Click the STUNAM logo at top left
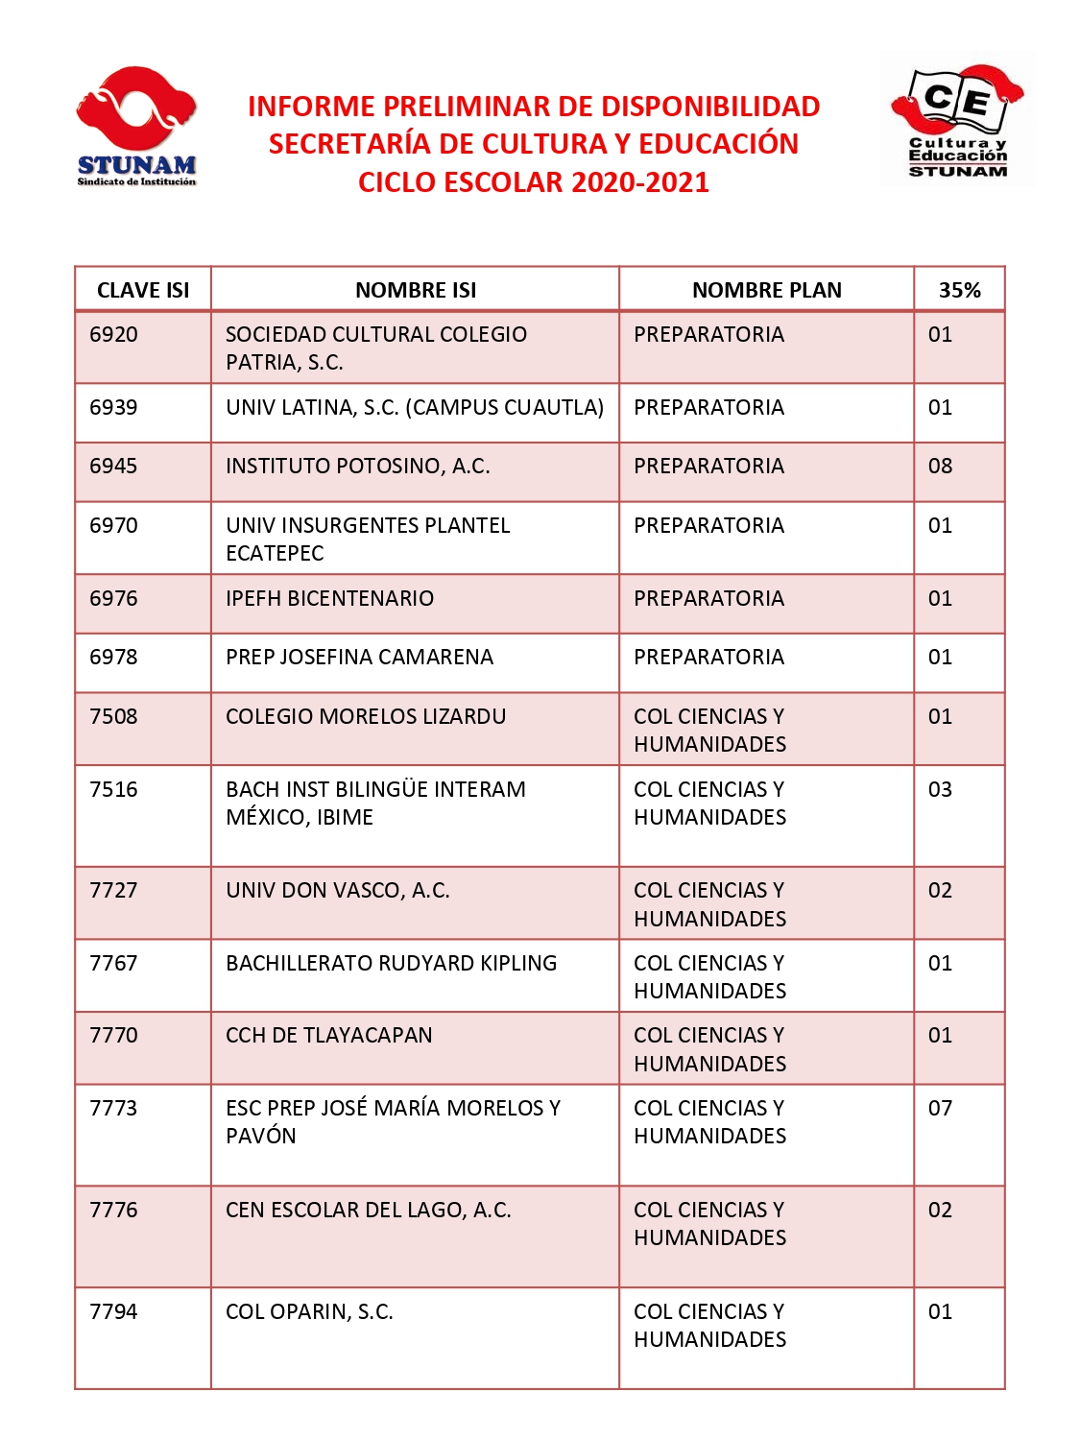[136, 126]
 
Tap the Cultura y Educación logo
[957, 120]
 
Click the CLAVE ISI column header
[143, 290]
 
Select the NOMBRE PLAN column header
[766, 290]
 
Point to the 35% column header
[959, 290]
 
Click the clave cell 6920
[113, 334]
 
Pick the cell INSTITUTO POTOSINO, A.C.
[357, 467]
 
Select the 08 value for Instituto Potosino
[940, 467]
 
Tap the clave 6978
[113, 658]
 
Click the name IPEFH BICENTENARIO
[329, 599]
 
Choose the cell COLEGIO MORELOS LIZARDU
[365, 716]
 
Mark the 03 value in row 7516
[940, 789]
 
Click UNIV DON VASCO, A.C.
[337, 891]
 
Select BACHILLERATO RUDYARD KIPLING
[391, 963]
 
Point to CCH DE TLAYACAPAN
[328, 1035]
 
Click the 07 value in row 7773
[940, 1108]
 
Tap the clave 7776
[113, 1210]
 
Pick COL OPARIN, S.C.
[309, 1311]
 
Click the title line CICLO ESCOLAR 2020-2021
[533, 182]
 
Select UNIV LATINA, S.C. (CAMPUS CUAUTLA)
[414, 407]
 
